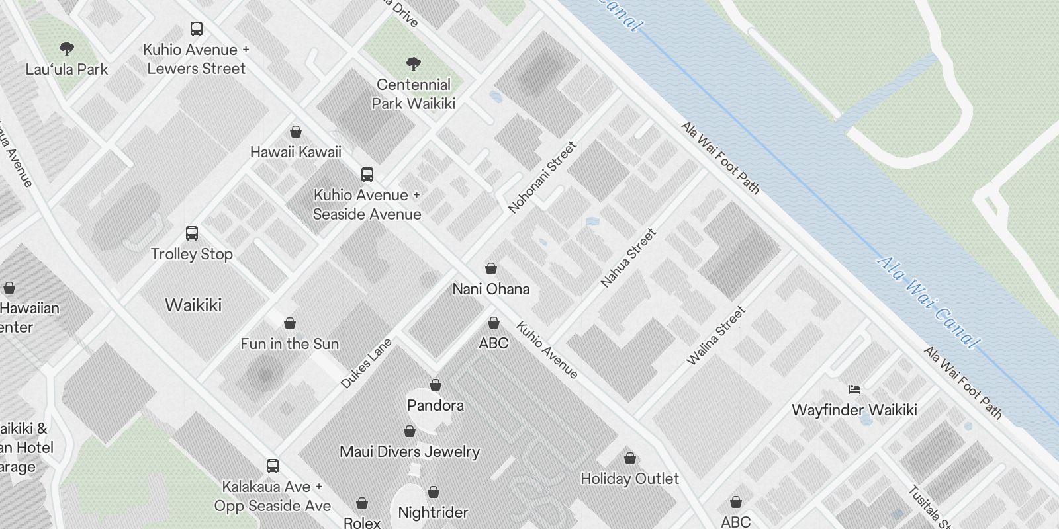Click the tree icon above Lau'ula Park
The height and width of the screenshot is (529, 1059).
coord(66,48)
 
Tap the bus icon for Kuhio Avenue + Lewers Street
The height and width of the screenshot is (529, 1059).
coord(197,29)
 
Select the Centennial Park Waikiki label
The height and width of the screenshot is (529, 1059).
coord(414,94)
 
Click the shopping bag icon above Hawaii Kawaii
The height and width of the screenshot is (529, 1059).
coord(296,132)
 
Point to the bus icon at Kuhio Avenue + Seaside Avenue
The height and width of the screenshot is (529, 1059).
coord(367,175)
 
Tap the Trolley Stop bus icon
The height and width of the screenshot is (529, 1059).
coord(192,233)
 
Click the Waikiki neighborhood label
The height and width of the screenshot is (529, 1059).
coord(193,305)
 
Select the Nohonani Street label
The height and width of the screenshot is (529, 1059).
coord(542,177)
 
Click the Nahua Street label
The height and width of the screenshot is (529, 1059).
coord(628,258)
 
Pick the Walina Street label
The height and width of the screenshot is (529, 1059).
coord(716,335)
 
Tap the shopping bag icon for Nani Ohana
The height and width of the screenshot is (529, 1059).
coord(491,268)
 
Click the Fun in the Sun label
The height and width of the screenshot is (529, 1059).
coord(290,344)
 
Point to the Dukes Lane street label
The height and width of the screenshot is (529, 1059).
coord(366,363)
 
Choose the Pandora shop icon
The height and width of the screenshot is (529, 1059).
coord(436,385)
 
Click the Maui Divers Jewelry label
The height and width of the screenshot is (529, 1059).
coord(409,452)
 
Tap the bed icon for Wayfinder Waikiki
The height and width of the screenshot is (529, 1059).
coord(854,389)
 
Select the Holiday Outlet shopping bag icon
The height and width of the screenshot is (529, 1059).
coord(630,458)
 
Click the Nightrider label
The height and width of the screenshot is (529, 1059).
coord(433,512)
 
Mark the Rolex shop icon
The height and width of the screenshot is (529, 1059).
coord(362,504)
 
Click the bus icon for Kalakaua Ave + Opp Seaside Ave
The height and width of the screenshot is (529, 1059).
coord(273,466)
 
